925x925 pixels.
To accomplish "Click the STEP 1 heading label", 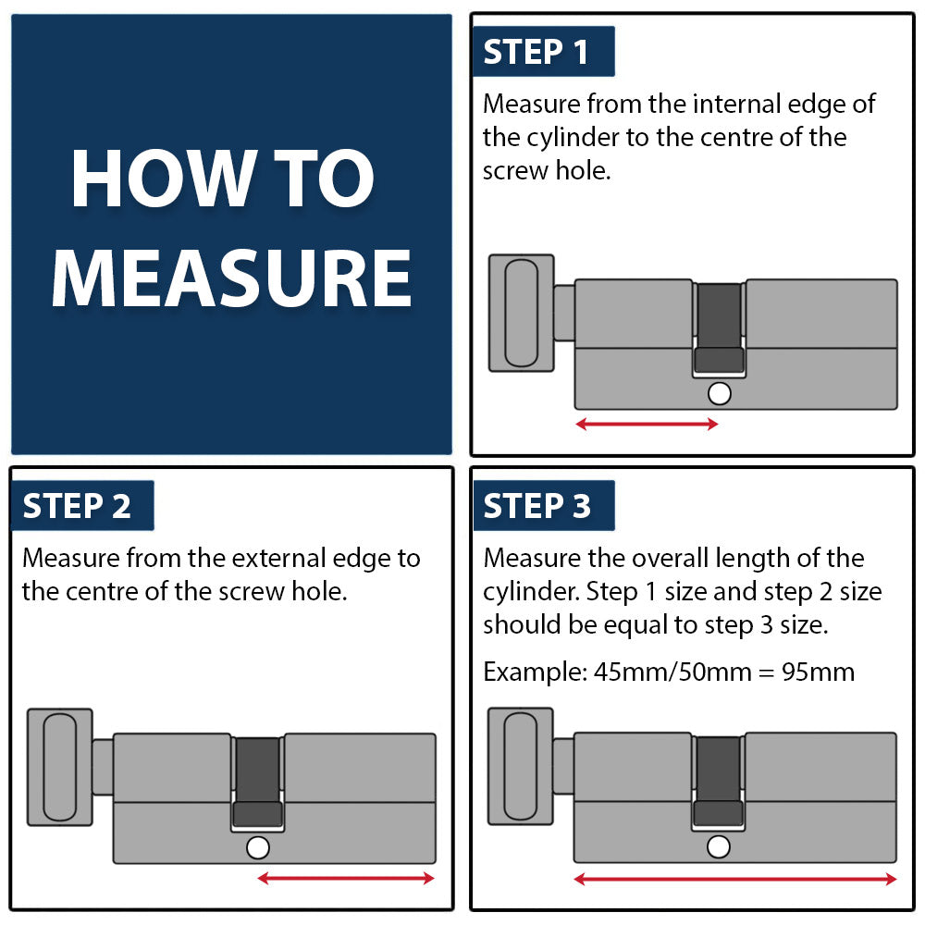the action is [543, 51].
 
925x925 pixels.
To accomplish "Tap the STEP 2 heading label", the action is [82, 506].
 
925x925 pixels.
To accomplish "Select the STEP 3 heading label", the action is [543, 506].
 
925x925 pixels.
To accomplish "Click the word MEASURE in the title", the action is [231, 278].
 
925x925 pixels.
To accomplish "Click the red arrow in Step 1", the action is [647, 424].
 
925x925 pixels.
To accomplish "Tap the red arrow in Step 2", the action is [346, 879].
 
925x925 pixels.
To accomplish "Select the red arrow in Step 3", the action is [735, 880].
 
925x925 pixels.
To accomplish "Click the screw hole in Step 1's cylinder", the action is [719, 393].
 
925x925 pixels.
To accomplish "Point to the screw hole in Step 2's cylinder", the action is [258, 847].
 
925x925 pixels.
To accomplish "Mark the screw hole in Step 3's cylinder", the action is [719, 847].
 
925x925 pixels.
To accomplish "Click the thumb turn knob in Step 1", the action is [522, 314].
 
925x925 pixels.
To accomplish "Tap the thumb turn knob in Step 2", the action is [60, 768].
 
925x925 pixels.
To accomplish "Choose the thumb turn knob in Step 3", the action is [521, 766].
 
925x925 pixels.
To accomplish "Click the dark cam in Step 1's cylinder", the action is [719, 327].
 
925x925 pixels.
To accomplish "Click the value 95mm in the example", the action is [818, 672].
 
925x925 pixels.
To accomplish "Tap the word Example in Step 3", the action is [535, 672].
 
